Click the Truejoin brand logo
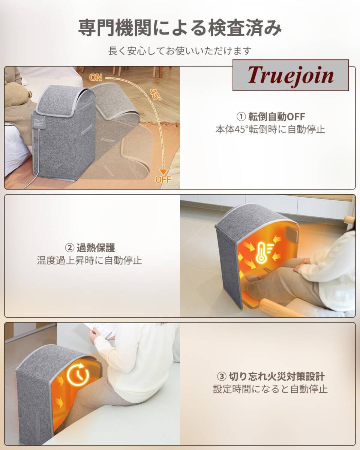tap(291, 75)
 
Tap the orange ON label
tap(96, 78)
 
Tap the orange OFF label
tap(163, 179)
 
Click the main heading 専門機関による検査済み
tap(180, 28)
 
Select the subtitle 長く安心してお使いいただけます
tap(180, 51)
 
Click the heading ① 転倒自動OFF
tap(271, 117)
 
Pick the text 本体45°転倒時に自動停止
tap(270, 129)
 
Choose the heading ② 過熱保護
tap(90, 248)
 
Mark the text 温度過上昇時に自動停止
tap(90, 260)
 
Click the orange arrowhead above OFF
tap(163, 172)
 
